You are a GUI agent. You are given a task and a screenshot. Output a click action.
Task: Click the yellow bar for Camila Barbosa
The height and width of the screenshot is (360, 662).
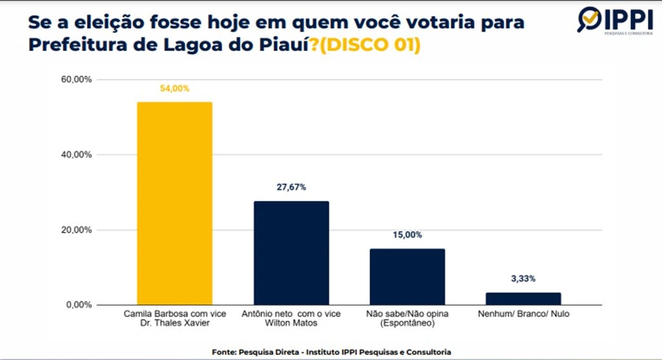[175, 203]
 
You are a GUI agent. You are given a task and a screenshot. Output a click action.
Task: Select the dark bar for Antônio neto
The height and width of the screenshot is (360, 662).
[291, 253]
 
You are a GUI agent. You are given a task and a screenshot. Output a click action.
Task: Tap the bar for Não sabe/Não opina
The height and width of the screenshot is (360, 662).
[407, 277]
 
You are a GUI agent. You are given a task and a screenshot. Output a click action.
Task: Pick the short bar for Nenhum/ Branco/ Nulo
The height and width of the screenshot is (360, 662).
[523, 298]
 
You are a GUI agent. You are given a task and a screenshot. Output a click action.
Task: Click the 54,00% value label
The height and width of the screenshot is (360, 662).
[175, 89]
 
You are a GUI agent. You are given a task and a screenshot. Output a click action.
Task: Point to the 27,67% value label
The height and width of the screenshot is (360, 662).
[291, 187]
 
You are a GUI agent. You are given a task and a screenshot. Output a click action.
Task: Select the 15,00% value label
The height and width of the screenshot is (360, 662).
[407, 235]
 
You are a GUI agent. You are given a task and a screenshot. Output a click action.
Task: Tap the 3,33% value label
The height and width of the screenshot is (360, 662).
[523, 279]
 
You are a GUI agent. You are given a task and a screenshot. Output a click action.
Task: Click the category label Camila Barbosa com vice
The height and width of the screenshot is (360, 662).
[175, 313]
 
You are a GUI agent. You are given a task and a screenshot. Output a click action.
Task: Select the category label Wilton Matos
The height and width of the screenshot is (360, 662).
[291, 323]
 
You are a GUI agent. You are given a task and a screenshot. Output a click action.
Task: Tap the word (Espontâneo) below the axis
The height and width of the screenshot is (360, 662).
[407, 323]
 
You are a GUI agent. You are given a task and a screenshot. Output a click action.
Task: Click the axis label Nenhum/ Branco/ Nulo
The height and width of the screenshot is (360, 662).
[523, 313]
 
